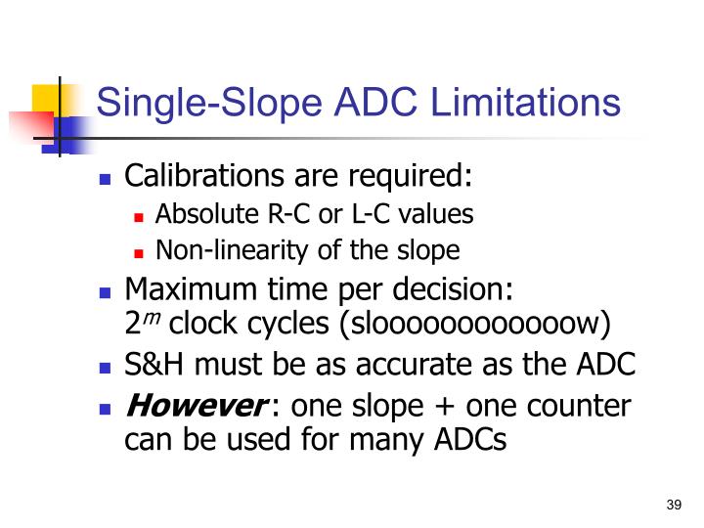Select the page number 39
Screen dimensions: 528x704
tap(673, 505)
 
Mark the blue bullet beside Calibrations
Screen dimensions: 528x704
tap(106, 180)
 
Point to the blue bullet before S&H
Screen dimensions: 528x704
tap(106, 369)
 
